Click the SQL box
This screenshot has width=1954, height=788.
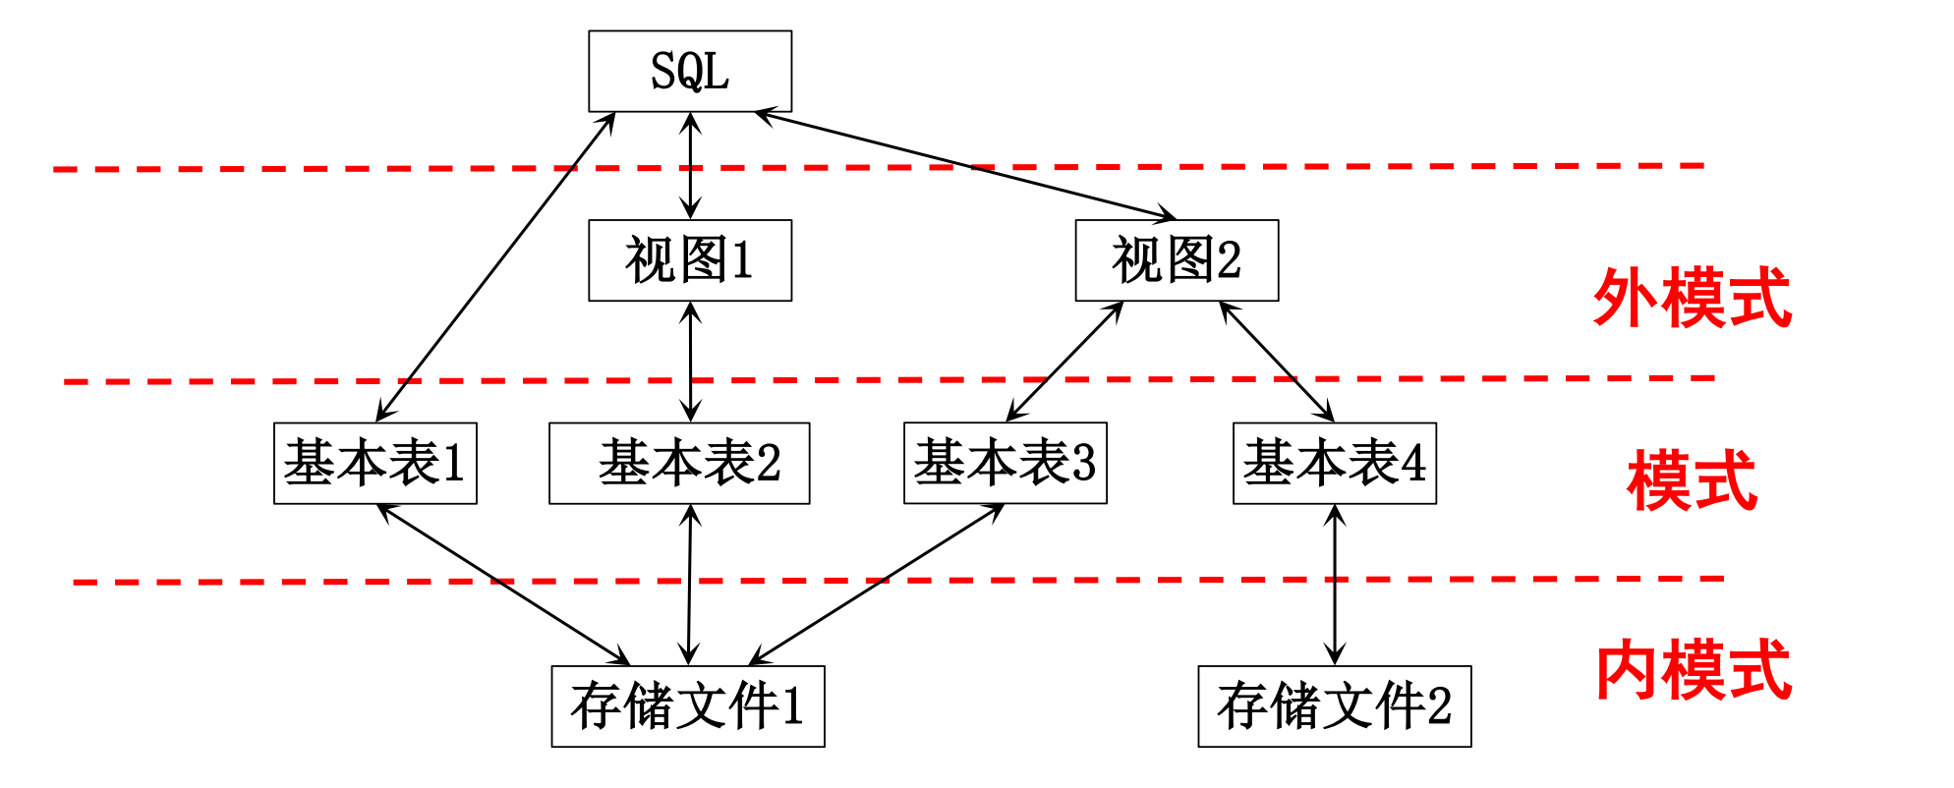tap(690, 71)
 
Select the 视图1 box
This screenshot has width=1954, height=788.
tap(690, 260)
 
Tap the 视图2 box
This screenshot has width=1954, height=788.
tap(1177, 260)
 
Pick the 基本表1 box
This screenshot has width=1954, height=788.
tap(375, 463)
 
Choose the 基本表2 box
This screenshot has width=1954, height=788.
tap(679, 463)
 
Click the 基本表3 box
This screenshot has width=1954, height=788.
tap(1006, 463)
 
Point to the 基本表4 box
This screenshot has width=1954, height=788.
tap(1335, 463)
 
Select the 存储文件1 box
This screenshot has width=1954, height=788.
tap(688, 706)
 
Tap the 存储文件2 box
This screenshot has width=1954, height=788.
tap(1335, 706)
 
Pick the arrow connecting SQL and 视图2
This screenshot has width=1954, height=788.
tap(966, 165)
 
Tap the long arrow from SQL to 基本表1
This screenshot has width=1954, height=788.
tap(495, 267)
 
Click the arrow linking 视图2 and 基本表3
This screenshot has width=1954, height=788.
tap(1064, 362)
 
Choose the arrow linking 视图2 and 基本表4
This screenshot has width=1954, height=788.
tap(1277, 362)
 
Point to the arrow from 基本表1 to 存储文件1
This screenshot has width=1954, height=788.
tap(503, 585)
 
